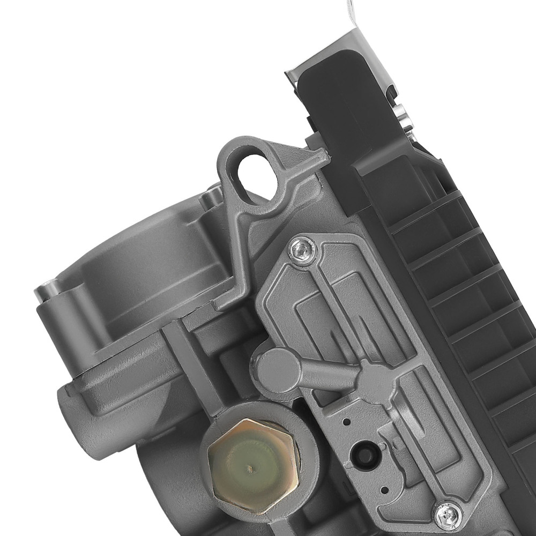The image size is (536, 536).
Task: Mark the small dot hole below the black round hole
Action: point(382,489)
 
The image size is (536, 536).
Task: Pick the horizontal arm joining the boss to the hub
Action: point(322,375)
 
